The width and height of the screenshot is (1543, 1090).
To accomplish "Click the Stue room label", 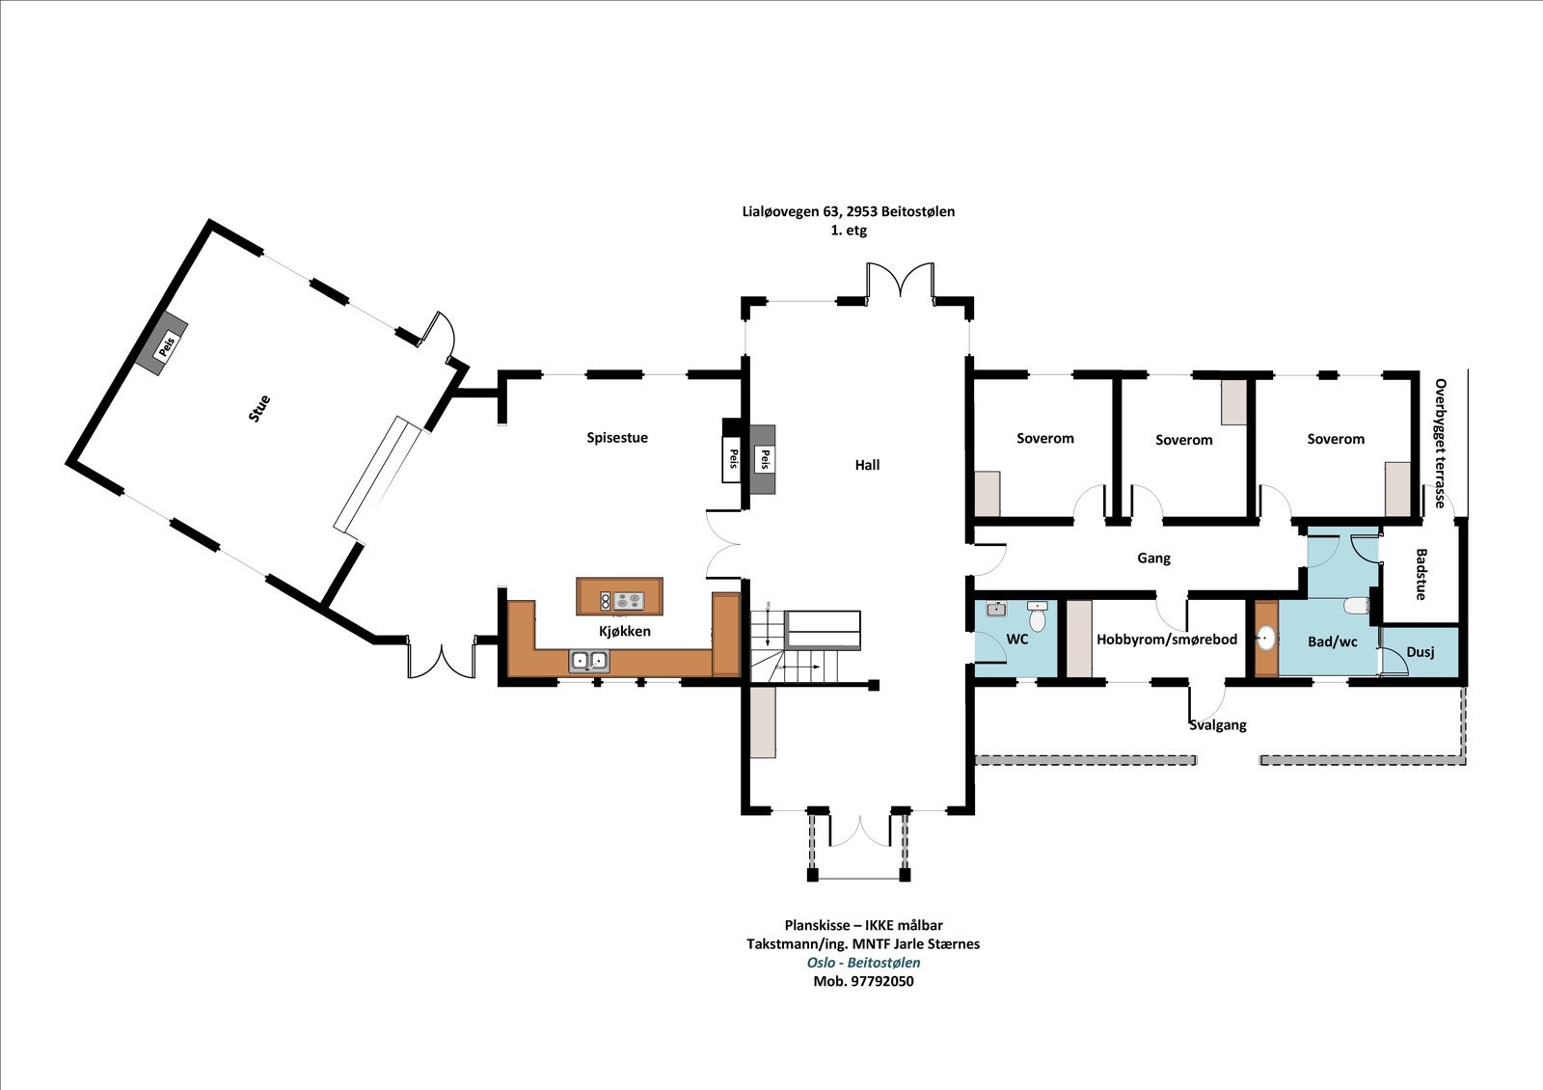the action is coord(259,409).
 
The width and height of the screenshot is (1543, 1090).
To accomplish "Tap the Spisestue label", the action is coord(617,438).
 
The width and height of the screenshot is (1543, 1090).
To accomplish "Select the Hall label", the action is coord(867,465).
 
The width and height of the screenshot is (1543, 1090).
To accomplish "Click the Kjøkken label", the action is coord(625,631).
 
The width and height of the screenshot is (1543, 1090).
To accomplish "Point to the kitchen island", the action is coord(619,597).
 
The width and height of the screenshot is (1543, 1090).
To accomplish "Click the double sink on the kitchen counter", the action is coord(589,661).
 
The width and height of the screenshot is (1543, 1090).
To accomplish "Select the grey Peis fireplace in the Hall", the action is coord(763,459).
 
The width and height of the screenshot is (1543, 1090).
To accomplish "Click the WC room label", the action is coord(1017,640).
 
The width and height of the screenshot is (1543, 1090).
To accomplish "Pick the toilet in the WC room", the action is coord(1037,615).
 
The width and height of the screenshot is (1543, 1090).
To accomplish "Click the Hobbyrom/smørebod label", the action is coord(1167,640).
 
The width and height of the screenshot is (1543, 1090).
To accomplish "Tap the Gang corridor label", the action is coord(1153,559).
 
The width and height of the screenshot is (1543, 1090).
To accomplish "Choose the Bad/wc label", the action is coord(1332,642).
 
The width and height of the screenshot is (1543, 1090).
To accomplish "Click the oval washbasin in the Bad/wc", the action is coord(1266,639).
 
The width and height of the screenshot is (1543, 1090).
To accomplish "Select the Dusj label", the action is coord(1421,652).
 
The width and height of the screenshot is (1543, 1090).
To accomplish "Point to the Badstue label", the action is coord(1421,574).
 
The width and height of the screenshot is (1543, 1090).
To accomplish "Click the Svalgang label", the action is coord(1218,724).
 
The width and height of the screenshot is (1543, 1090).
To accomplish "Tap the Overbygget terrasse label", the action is coord(1441,443).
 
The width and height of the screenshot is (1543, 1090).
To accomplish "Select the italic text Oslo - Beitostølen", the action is coord(864,963).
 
